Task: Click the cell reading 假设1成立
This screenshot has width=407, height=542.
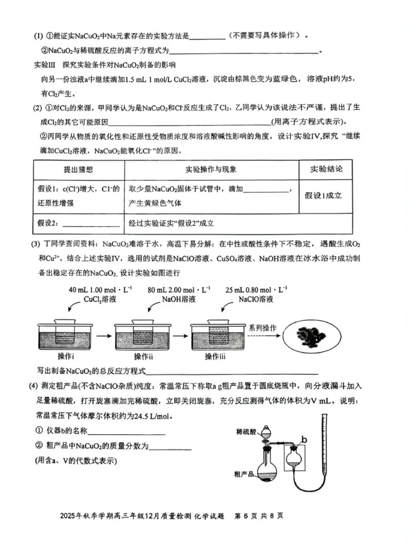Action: (x=324, y=195)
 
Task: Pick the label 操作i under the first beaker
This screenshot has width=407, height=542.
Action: (x=67, y=355)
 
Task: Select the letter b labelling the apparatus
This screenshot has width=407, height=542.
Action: (x=304, y=438)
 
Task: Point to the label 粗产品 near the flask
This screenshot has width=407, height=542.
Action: (x=244, y=473)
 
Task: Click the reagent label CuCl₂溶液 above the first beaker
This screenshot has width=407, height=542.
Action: (x=100, y=299)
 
